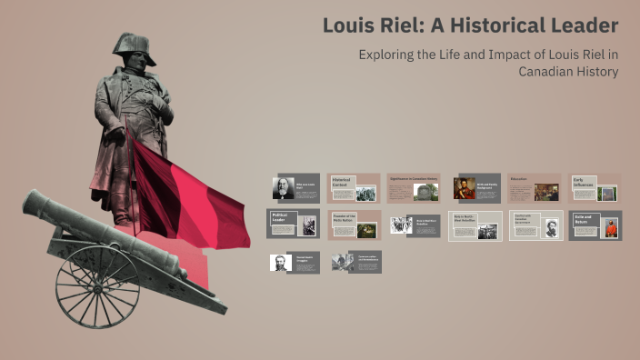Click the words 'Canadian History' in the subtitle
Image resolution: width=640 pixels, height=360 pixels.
tap(568, 72)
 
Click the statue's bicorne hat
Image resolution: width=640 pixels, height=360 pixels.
tap(133, 47)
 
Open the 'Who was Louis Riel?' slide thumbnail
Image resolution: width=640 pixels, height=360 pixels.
tap(295, 187)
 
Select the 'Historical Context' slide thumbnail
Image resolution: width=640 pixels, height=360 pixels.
tap(354, 187)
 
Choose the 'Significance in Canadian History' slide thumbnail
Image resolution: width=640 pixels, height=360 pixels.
tap(413, 187)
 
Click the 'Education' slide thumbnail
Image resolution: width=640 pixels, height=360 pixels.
tap(534, 187)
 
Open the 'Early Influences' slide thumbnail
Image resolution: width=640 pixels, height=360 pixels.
tap(595, 187)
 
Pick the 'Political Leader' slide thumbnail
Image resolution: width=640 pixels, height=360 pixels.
tap(293, 225)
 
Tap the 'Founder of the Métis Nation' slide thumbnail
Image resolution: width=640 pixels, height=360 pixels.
tap(354, 225)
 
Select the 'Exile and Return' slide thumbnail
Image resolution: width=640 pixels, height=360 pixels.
tap(595, 225)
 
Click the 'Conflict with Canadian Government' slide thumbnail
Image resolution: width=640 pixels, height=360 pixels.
tap(535, 225)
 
